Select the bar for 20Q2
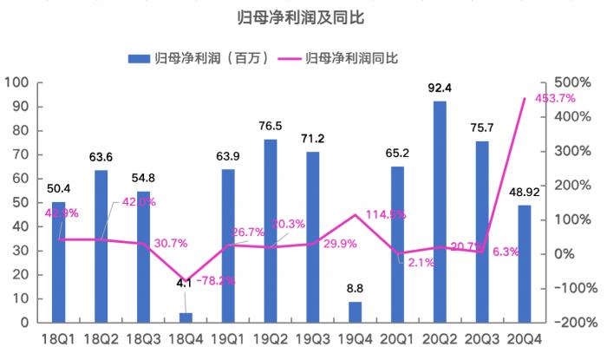pos(440,213)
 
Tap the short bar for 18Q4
pos(186,317)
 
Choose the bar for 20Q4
pos(525,264)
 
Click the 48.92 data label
pos(525,192)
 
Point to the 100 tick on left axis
pos(18,83)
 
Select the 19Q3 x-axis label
pos(312,339)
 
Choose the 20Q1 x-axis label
pos(397,339)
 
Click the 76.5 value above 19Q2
pos(271,126)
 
